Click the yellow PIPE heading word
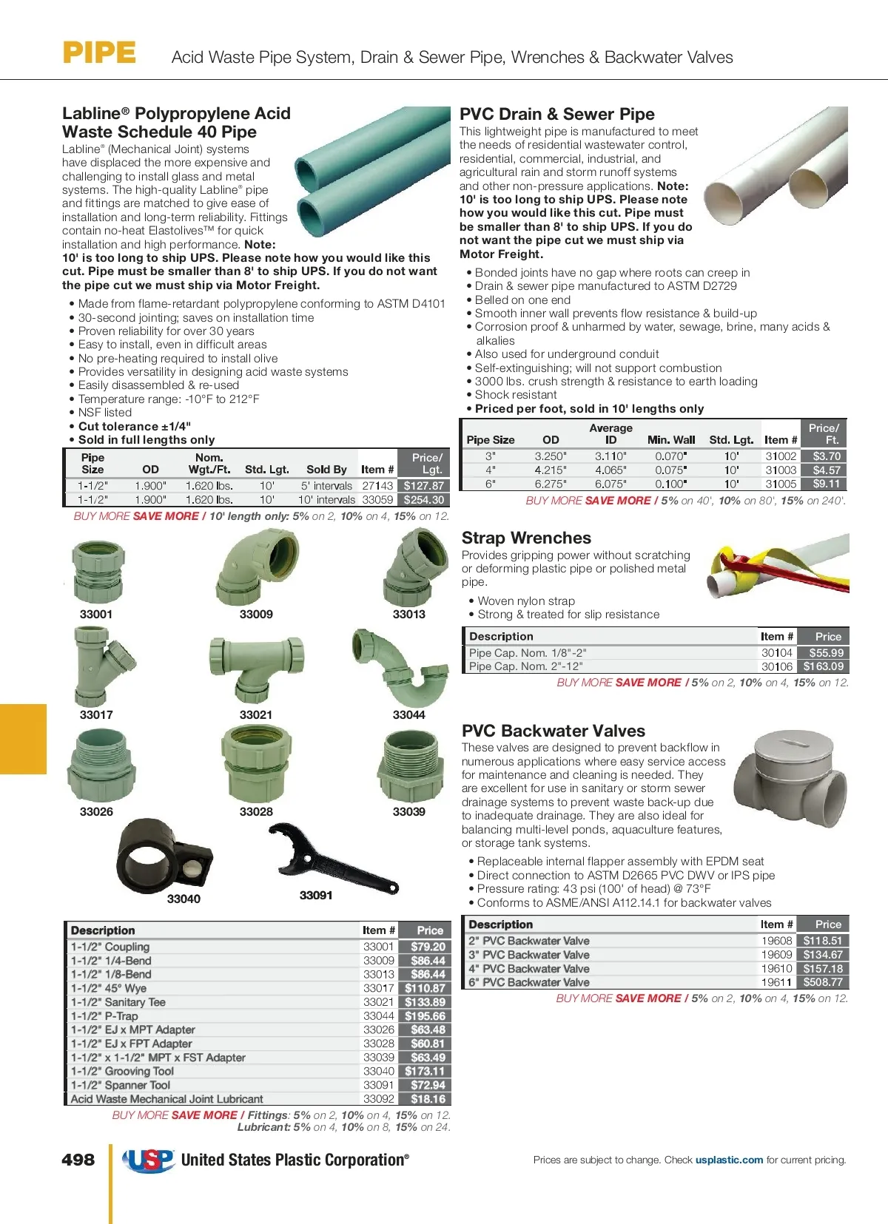[99, 53]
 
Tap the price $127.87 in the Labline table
[424, 486]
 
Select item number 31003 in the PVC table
[781, 470]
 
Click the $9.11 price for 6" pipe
[826, 484]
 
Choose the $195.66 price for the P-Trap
[425, 1016]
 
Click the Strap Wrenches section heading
[526, 538]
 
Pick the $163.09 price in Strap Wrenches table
[823, 666]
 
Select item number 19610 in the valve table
[776, 969]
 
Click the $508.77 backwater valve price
[823, 982]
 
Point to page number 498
[78, 1160]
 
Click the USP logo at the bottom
[149, 1160]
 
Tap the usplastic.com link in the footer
[729, 1160]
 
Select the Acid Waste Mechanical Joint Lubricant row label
[167, 1099]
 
